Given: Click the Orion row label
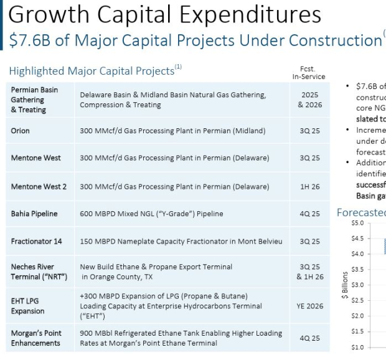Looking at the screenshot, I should pyautogui.click(x=21, y=131).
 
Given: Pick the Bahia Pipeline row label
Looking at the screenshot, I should pyautogui.click(x=34, y=214).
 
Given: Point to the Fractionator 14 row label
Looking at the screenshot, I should pyautogui.click(x=36, y=241).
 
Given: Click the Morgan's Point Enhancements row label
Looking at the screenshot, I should pyautogui.click(x=35, y=338).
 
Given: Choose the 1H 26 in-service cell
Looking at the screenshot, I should pyautogui.click(x=309, y=186).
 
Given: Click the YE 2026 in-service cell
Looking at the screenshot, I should pyautogui.click(x=309, y=306).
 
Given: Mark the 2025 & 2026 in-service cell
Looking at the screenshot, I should pyautogui.click(x=309, y=100).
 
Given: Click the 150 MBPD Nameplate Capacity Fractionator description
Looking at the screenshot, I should pyautogui.click(x=181, y=241).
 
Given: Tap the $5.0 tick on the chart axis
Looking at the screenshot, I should pyautogui.click(x=357, y=222).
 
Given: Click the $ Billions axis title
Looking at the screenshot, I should pyautogui.click(x=344, y=285).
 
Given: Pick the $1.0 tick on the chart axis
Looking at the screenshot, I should pyautogui.click(x=357, y=347).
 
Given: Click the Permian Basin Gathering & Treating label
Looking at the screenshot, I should pyautogui.click(x=34, y=100).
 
